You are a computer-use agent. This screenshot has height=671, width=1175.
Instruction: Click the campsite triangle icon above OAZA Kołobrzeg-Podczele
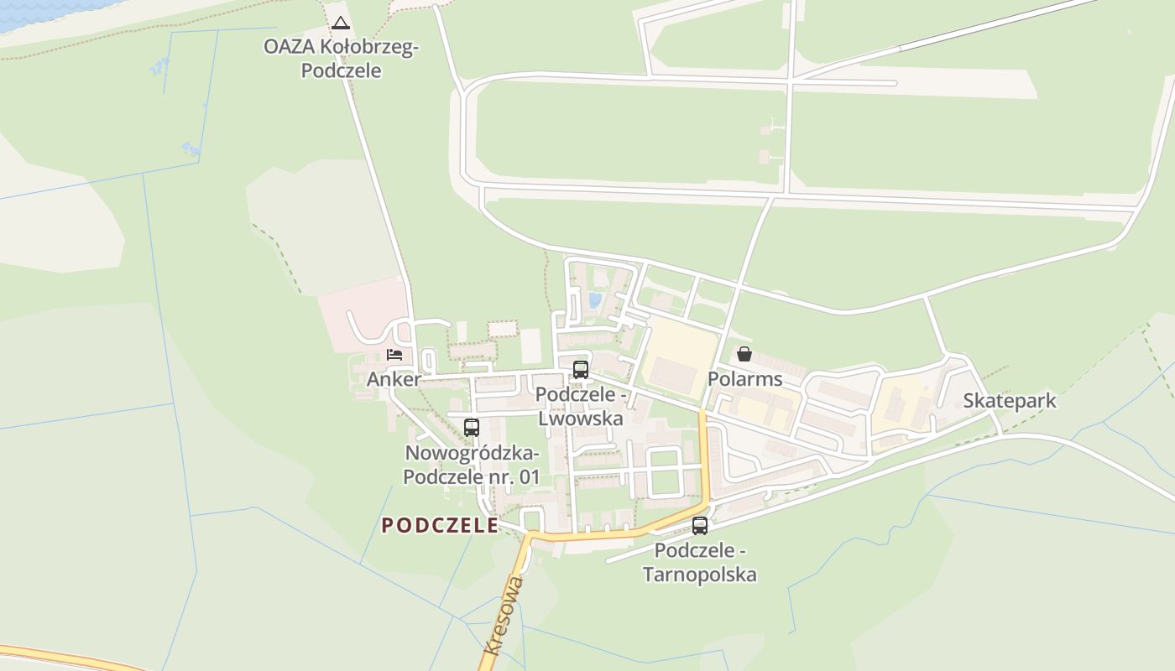[x=340, y=23]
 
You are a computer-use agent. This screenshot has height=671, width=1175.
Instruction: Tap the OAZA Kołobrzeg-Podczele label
[x=341, y=59]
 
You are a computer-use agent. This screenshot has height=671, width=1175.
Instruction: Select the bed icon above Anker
[x=394, y=354]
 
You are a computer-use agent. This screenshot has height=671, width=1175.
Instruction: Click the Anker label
[x=394, y=379]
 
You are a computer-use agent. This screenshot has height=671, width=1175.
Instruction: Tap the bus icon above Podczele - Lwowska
[x=580, y=369]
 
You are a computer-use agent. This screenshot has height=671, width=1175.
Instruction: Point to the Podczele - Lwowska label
[x=580, y=406]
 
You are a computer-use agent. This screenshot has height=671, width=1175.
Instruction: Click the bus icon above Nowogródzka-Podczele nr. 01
[x=472, y=427]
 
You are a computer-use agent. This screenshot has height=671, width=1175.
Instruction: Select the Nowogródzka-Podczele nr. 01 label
[x=472, y=466]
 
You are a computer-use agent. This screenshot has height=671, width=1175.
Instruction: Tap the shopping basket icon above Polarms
[x=744, y=354]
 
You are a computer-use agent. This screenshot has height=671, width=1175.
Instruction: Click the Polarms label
[x=744, y=379]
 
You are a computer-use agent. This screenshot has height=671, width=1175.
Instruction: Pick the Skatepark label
[x=1009, y=401]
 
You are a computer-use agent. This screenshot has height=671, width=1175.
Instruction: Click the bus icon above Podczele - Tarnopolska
[x=700, y=526]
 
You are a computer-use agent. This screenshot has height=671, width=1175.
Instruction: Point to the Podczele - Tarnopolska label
[x=700, y=563]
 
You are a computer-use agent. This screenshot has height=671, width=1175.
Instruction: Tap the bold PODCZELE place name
[x=440, y=526]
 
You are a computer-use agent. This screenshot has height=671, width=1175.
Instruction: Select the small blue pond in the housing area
[x=595, y=300]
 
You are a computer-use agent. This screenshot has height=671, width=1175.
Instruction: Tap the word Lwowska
[x=580, y=418]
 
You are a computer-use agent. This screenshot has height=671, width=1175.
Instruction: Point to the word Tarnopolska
[x=700, y=575]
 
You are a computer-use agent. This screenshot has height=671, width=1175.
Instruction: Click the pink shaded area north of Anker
[x=361, y=310]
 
